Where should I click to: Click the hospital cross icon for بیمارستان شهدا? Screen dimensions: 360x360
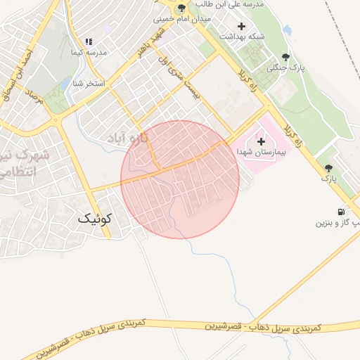[x=261, y=141]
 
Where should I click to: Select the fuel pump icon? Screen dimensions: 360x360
[x=341, y=212]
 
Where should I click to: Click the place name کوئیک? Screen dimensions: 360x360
[x=94, y=220]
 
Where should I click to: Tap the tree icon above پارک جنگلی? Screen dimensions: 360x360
[x=285, y=58]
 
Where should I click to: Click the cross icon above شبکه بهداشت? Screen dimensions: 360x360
[x=242, y=26]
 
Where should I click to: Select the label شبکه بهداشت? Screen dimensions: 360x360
[x=240, y=37]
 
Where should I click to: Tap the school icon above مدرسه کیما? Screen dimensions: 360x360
[x=89, y=42]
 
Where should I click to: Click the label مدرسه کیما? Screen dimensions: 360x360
[x=89, y=53]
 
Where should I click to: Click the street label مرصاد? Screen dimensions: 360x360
[x=34, y=98]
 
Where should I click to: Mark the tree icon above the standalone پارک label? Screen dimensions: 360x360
[x=328, y=168]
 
